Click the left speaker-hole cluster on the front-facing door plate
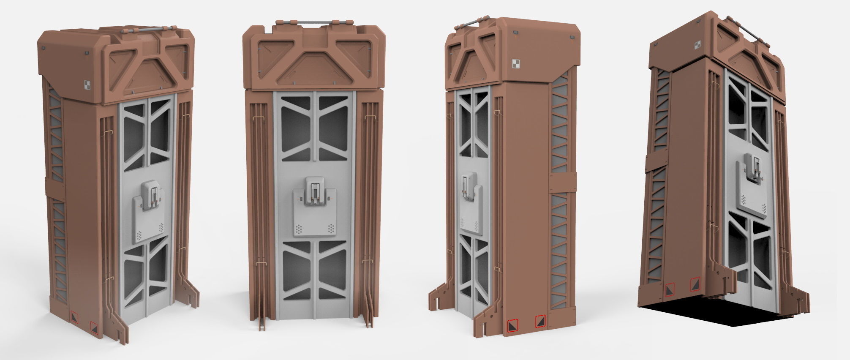point(299,229)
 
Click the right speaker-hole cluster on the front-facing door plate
point(332,229)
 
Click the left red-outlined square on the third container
point(512,325)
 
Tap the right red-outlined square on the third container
point(540,321)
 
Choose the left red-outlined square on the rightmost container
point(669,289)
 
